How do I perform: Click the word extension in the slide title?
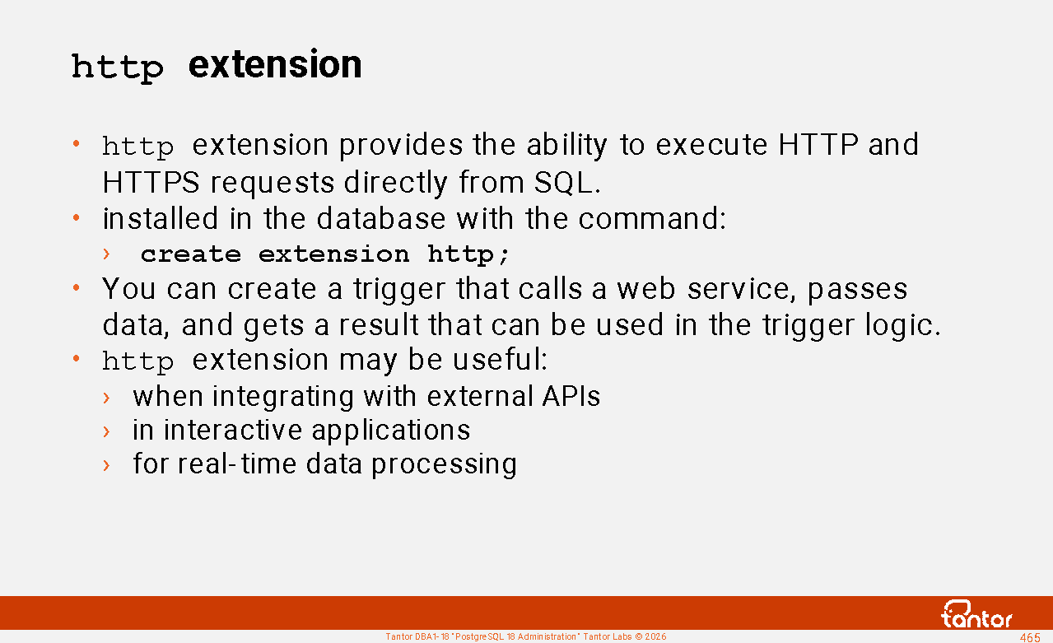(275, 64)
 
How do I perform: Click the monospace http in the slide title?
(118, 68)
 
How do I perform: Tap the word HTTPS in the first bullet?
(151, 183)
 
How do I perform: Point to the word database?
(381, 218)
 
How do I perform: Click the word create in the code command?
(191, 254)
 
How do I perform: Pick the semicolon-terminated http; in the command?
(468, 255)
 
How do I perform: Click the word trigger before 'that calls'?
(399, 290)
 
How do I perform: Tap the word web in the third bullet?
(646, 288)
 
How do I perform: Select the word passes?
(857, 290)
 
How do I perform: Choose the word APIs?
(571, 396)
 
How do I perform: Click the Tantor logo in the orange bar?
(976, 614)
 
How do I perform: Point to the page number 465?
(1030, 637)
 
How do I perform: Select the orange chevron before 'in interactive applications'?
(107, 431)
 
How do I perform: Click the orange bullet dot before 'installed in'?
(76, 217)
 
